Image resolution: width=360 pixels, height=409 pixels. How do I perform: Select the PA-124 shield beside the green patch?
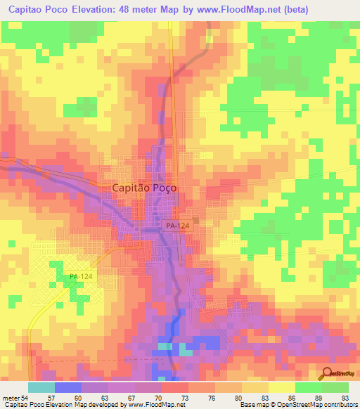click(82, 278)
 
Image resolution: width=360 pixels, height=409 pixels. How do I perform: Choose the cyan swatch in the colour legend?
click(41, 388)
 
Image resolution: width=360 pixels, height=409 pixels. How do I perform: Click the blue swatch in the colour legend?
click(67, 388)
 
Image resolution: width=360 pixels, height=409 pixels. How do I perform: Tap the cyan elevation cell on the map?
click(165, 346)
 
